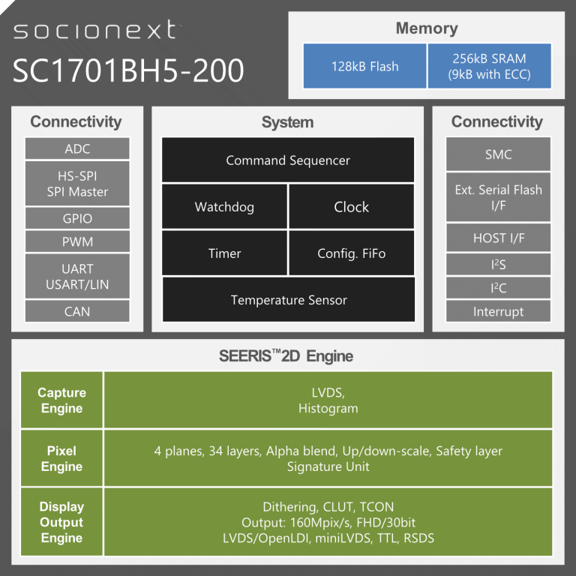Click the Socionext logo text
click(94, 30)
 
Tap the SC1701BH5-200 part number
click(128, 71)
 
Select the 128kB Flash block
click(364, 66)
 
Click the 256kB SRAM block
click(489, 66)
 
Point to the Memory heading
click(426, 29)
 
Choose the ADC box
click(77, 148)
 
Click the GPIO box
click(77, 218)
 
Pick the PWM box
click(77, 241)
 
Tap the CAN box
click(77, 310)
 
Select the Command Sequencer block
click(288, 160)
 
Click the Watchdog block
click(224, 206)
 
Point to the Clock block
click(351, 206)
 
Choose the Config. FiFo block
click(351, 253)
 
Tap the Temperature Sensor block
click(289, 300)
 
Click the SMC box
click(498, 154)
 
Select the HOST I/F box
click(498, 238)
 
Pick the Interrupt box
click(498, 311)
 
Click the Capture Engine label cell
click(61, 400)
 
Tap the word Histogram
click(328, 409)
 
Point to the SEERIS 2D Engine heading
click(286, 356)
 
